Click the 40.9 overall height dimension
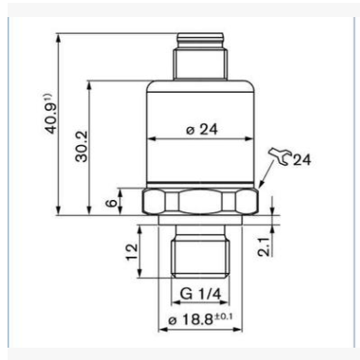(52, 115)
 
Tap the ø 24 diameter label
(202, 130)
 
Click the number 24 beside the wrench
(301, 160)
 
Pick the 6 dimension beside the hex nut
(111, 203)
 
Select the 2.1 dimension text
(264, 246)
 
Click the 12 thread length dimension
(133, 252)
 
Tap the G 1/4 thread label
(201, 294)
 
